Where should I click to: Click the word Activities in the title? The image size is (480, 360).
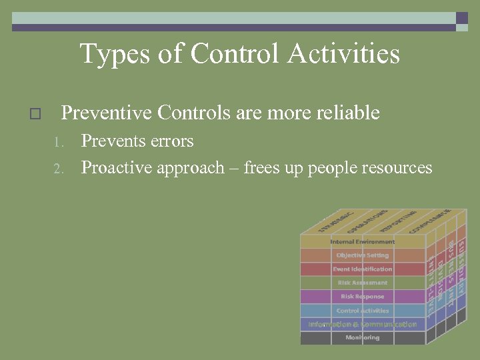tap(343, 54)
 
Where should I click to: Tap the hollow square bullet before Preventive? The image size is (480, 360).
tap(36, 114)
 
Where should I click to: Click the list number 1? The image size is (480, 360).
tap(58, 142)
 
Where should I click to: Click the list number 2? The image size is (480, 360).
tap(58, 168)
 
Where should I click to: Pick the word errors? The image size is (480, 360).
tap(171, 141)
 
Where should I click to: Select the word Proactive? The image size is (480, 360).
tap(117, 167)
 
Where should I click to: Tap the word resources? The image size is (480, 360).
tap(397, 167)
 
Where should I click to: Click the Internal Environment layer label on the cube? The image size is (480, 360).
tap(363, 241)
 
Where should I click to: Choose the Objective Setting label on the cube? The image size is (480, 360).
tap(363, 255)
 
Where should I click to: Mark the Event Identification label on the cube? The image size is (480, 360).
tap(363, 269)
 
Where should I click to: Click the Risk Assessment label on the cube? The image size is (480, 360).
tap(363, 283)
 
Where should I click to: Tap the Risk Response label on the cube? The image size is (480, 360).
tap(363, 297)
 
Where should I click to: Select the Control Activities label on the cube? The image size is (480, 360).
tap(363, 311)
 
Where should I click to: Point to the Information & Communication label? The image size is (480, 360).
tap(363, 325)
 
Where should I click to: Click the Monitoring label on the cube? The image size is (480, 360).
tap(363, 338)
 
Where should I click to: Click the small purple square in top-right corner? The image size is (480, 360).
tap(462, 18)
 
